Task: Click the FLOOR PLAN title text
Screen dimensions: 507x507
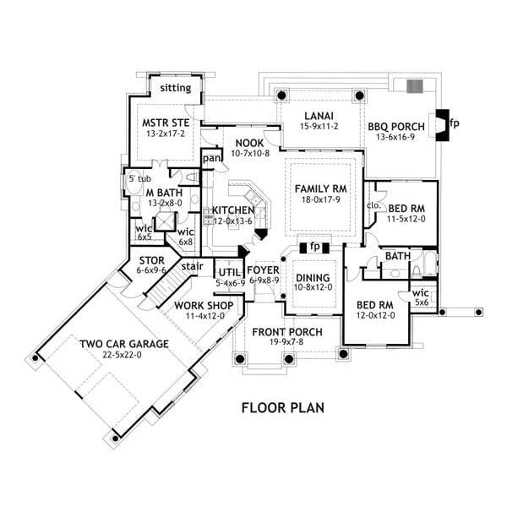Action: (x=283, y=408)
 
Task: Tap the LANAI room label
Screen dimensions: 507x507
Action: (x=319, y=116)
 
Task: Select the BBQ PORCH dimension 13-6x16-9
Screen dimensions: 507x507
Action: (x=395, y=137)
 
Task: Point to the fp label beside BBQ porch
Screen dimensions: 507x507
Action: (x=454, y=123)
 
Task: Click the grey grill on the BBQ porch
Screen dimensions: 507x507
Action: (x=415, y=86)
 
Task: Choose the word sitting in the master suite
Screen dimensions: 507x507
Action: (x=176, y=88)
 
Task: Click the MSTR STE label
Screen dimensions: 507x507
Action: (x=166, y=123)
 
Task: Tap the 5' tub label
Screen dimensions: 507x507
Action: (x=139, y=178)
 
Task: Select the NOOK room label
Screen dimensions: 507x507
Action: (x=249, y=144)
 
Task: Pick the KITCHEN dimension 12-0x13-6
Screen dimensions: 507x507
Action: (x=233, y=221)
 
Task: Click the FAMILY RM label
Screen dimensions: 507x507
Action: (x=320, y=188)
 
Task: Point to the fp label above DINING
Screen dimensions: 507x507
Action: (x=314, y=247)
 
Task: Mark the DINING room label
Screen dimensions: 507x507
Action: (x=313, y=278)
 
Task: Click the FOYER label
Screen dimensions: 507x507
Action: (x=263, y=270)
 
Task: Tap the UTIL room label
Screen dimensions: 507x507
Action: (x=229, y=272)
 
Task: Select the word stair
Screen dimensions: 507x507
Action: (x=192, y=266)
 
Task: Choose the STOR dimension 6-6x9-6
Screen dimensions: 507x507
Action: (x=151, y=270)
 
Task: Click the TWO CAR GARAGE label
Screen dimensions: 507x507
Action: (x=124, y=344)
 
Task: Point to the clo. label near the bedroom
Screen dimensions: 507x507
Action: (x=373, y=205)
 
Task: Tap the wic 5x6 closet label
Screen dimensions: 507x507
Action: (x=421, y=297)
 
